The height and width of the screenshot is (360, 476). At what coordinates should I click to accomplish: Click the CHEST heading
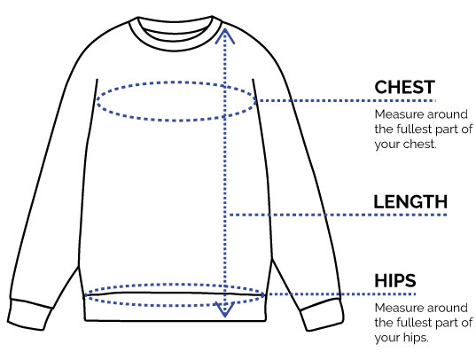tap(405, 88)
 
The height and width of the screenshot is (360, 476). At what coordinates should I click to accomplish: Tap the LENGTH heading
tap(410, 202)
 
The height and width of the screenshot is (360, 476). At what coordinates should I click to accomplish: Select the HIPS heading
tap(395, 281)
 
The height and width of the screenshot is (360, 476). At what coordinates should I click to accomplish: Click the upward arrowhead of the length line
tap(224, 35)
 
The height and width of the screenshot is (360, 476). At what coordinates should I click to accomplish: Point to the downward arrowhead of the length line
tap(224, 309)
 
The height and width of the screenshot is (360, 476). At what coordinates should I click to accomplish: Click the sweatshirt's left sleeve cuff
tap(29, 315)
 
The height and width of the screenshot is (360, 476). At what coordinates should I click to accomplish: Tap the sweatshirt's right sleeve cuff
tap(323, 315)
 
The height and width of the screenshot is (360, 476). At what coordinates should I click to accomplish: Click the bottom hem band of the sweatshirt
tap(176, 308)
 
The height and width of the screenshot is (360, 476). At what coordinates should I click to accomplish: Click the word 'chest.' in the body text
tap(421, 144)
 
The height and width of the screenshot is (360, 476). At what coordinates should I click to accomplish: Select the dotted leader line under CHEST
tap(347, 100)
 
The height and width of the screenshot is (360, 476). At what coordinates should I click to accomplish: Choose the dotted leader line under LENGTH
tap(338, 215)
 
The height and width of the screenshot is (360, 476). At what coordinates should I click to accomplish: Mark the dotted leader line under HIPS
tap(341, 294)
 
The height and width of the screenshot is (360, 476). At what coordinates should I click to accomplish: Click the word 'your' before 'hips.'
tap(387, 338)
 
